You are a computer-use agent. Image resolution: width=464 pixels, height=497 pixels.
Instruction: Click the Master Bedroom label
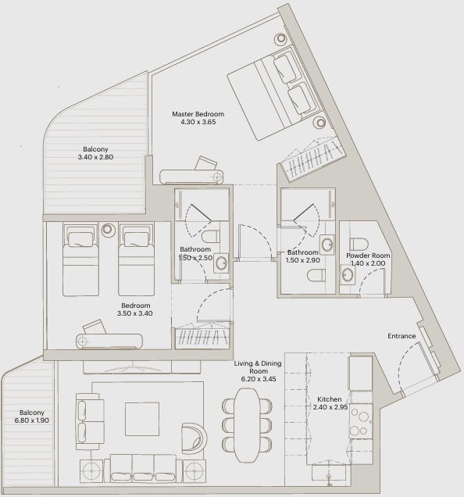[x=198, y=114]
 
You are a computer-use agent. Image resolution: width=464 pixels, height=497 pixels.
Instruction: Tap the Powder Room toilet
[x=359, y=245]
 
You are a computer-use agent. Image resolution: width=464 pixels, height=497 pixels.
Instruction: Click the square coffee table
[x=142, y=419]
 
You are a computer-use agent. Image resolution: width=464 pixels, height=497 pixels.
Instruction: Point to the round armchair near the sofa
[x=194, y=438]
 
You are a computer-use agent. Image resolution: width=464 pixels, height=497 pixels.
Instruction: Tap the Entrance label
[x=402, y=336]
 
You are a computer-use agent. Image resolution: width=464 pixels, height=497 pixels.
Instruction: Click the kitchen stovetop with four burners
[x=361, y=421]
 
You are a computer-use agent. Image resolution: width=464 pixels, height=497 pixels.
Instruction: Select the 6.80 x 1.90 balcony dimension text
[x=32, y=420]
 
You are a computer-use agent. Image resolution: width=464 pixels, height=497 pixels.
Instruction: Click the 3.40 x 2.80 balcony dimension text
[x=95, y=157]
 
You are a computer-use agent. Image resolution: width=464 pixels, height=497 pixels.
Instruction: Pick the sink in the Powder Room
[x=348, y=274]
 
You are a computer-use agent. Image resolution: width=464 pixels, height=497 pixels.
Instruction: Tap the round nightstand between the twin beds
[x=108, y=230]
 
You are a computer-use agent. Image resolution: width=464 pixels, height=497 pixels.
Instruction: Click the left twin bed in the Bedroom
[x=80, y=259]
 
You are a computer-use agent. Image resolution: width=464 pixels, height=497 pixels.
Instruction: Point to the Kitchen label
[x=330, y=399]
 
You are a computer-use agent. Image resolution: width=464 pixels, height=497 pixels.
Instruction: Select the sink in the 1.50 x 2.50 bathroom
[x=221, y=263]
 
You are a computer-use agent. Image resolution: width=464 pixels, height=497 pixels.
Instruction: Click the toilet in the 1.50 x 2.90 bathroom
[x=316, y=275]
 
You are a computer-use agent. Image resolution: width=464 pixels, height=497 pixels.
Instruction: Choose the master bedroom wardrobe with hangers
[x=311, y=159]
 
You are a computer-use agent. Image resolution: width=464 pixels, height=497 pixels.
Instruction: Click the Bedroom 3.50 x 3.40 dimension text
[x=135, y=313]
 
